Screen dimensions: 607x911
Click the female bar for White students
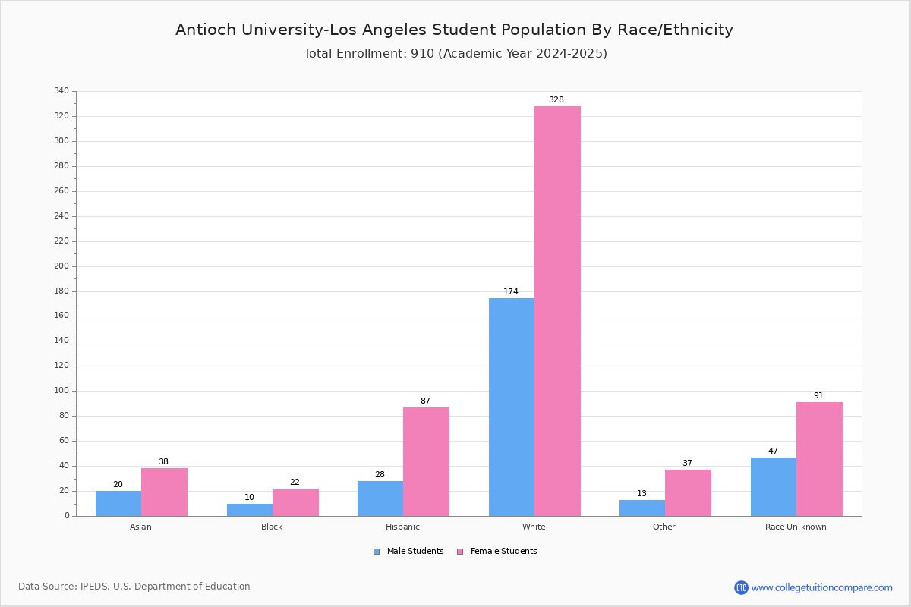pyautogui.click(x=557, y=311)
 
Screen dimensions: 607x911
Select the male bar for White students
pyautogui.click(x=512, y=407)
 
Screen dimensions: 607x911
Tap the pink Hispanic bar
pyautogui.click(x=426, y=461)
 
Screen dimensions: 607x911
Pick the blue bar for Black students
pyautogui.click(x=250, y=510)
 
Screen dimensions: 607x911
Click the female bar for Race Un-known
pyautogui.click(x=819, y=459)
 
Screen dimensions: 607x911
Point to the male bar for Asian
pyautogui.click(x=118, y=503)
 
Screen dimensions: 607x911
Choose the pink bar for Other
pyautogui.click(x=688, y=492)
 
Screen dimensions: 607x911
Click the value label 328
pyautogui.click(x=556, y=100)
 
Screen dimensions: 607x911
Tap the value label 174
pyautogui.click(x=511, y=292)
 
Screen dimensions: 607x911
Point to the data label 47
pyautogui.click(x=773, y=451)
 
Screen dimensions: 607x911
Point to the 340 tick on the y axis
pyautogui.click(x=61, y=91)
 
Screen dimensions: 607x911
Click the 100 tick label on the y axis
pyautogui.click(x=61, y=391)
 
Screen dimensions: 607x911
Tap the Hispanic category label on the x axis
pyautogui.click(x=402, y=527)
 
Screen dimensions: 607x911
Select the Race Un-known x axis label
pyautogui.click(x=796, y=527)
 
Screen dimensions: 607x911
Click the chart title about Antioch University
pyautogui.click(x=454, y=30)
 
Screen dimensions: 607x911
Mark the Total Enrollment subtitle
pyautogui.click(x=455, y=54)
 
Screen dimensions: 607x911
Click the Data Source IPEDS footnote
pyautogui.click(x=134, y=587)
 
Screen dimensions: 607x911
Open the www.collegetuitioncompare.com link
pyautogui.click(x=821, y=587)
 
